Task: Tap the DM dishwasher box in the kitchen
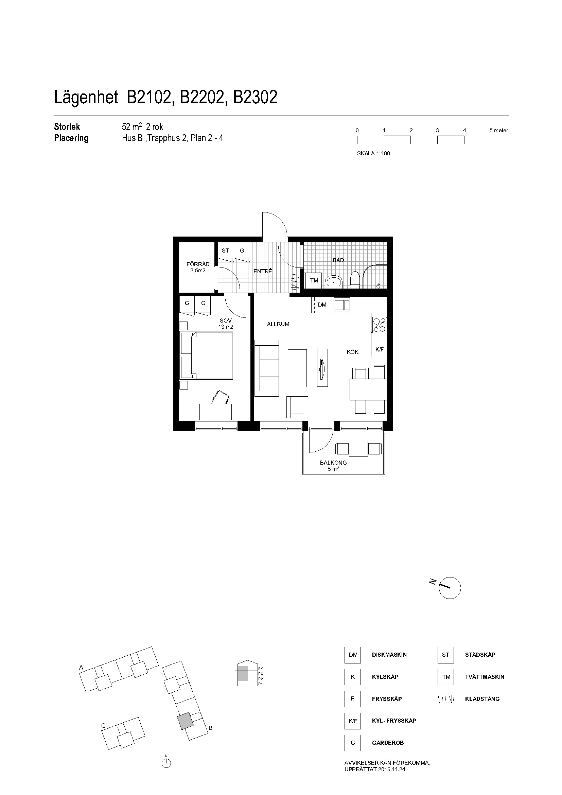tap(322, 305)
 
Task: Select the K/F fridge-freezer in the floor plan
tap(379, 349)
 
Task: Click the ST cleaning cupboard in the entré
tap(225, 250)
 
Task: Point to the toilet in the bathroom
tap(355, 280)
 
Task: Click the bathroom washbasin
tap(334, 282)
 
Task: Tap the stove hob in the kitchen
tap(379, 325)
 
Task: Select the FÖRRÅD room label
tap(198, 264)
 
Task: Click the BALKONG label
tap(333, 463)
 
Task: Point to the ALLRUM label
tap(278, 324)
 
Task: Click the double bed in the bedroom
tap(206, 355)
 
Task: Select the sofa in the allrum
tap(266, 368)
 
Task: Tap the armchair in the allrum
tap(297, 407)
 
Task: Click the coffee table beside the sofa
tap(297, 368)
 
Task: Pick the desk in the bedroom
tap(216, 412)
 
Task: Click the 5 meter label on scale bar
tap(499, 131)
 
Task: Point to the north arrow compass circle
tap(450, 588)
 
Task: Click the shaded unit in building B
tap(186, 721)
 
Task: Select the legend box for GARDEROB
tap(353, 743)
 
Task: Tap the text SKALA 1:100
tap(373, 153)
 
